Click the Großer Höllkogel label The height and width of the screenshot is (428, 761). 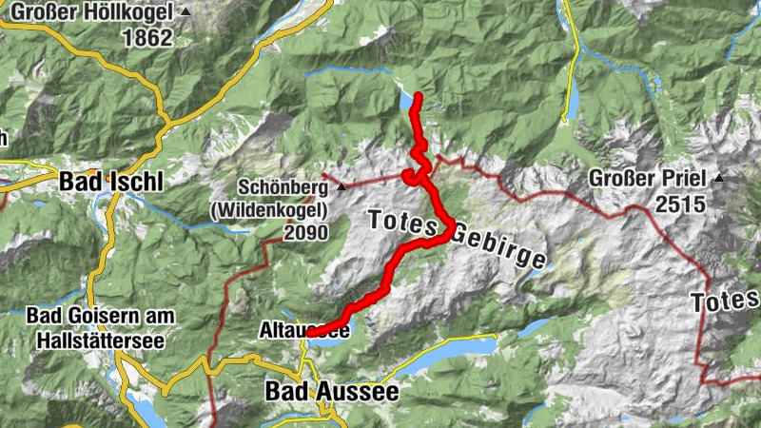92,13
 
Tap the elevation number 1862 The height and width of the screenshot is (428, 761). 147,38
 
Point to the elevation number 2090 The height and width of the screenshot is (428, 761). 304,233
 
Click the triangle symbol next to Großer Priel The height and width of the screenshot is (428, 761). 720,178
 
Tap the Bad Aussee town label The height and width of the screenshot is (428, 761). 331,391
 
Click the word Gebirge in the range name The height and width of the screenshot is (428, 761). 499,245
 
